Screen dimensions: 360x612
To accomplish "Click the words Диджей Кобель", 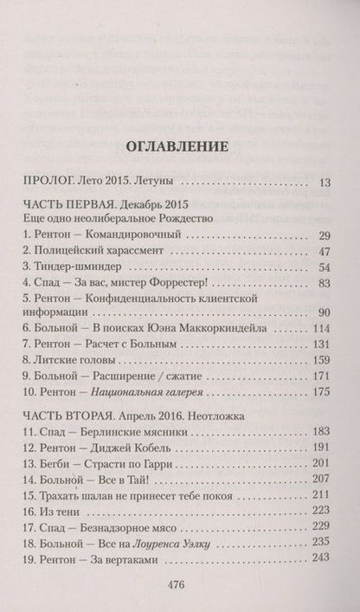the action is coord(130,454).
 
